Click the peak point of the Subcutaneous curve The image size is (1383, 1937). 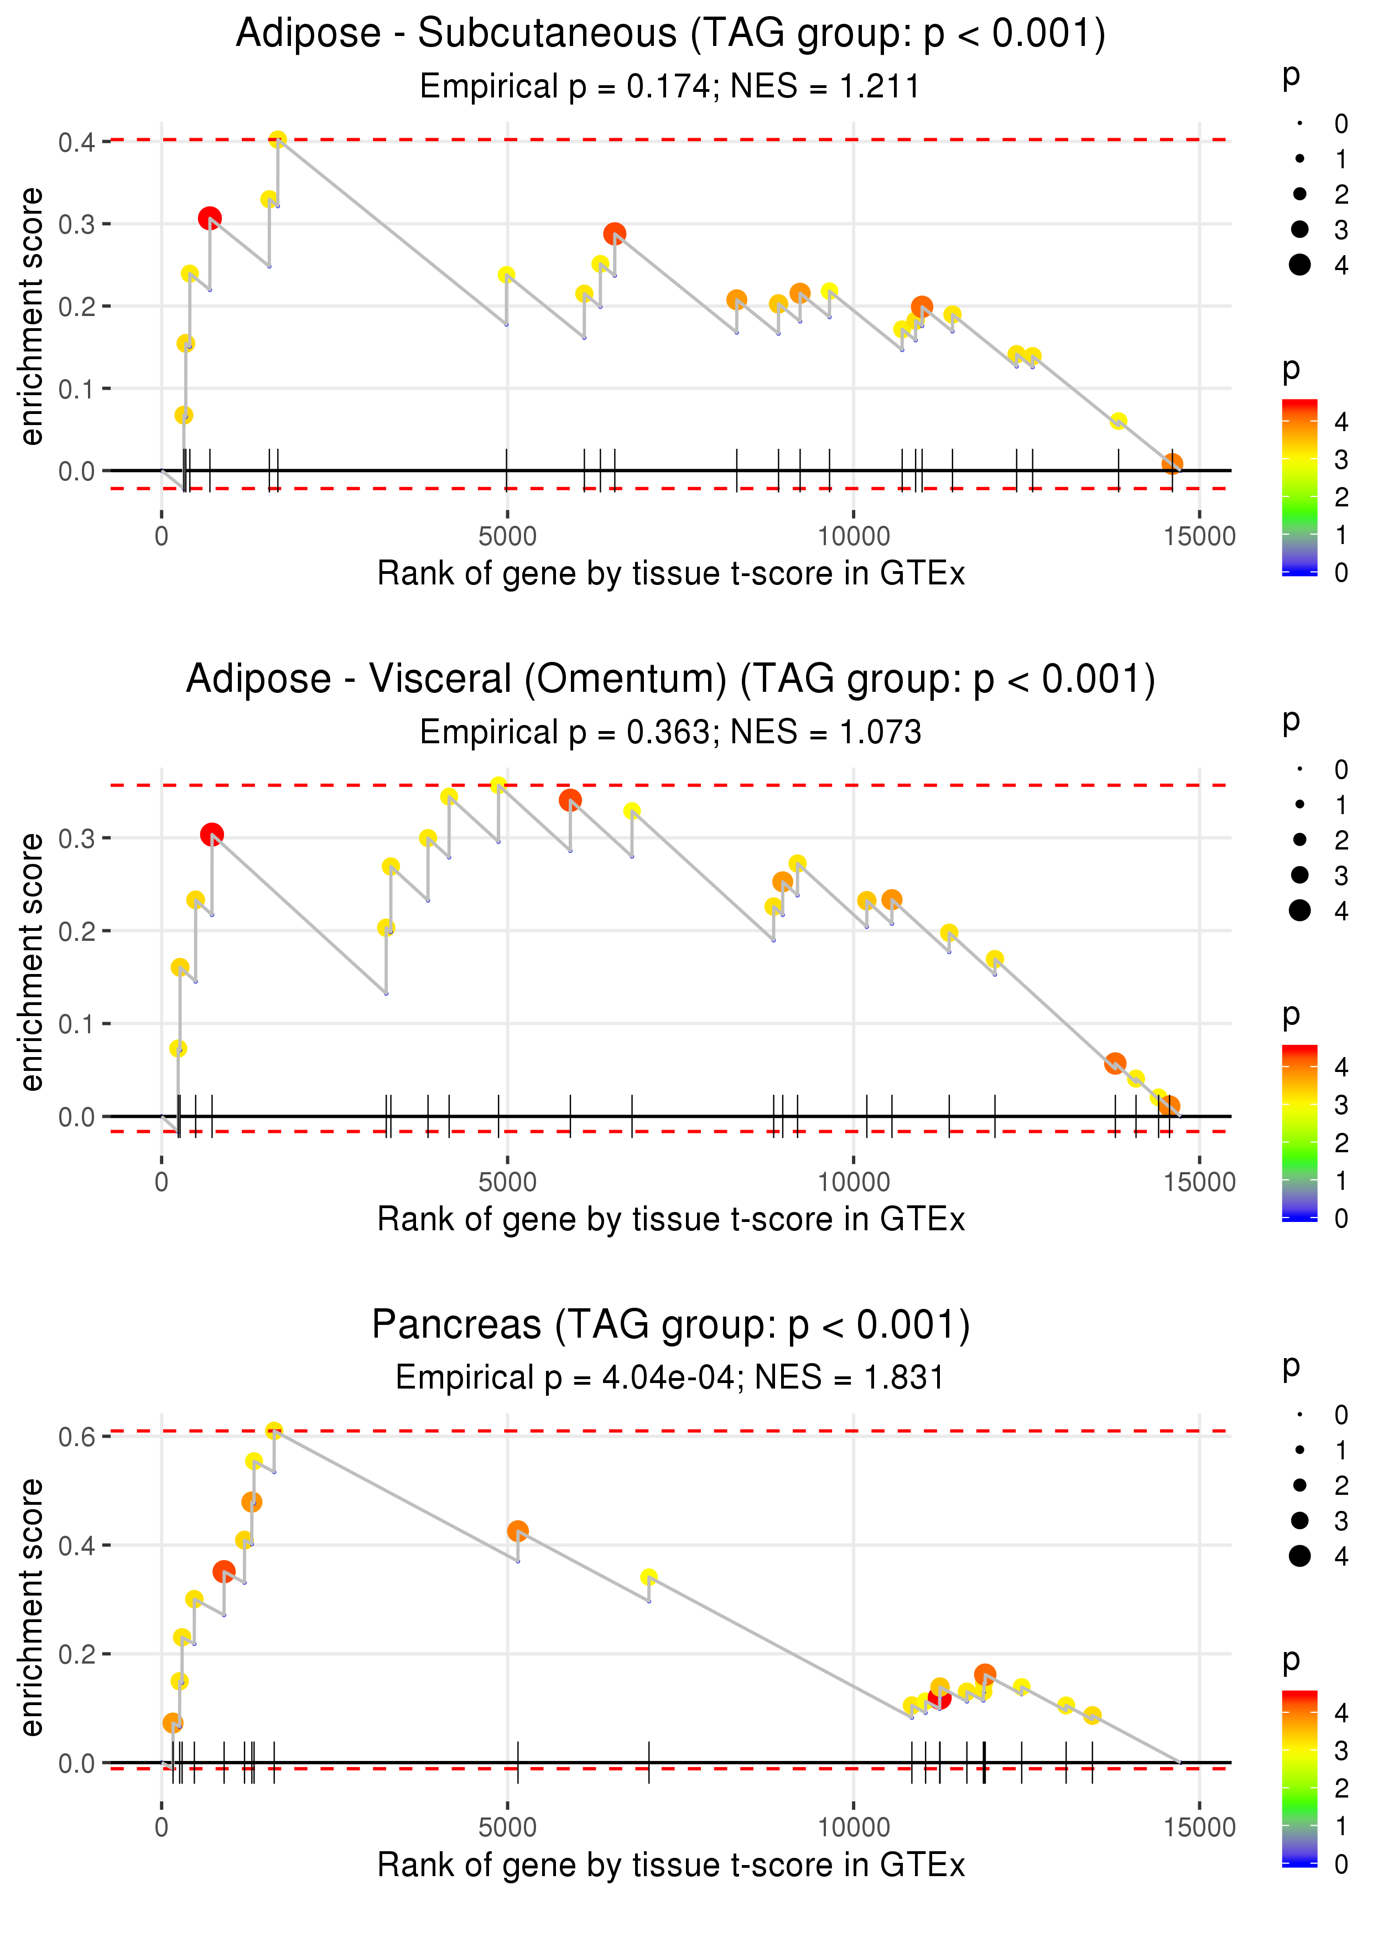278,139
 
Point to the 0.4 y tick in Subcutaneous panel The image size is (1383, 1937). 77,142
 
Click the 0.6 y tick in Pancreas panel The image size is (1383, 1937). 77,1438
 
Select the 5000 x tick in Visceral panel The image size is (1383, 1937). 507,1182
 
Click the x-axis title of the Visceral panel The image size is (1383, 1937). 670,1220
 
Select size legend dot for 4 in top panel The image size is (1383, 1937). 1299,265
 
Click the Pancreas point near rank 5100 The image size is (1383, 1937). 518,1531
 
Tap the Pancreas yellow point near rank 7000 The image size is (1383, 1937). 649,1577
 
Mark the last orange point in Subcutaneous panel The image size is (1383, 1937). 1173,463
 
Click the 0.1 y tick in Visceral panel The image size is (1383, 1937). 77,1024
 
